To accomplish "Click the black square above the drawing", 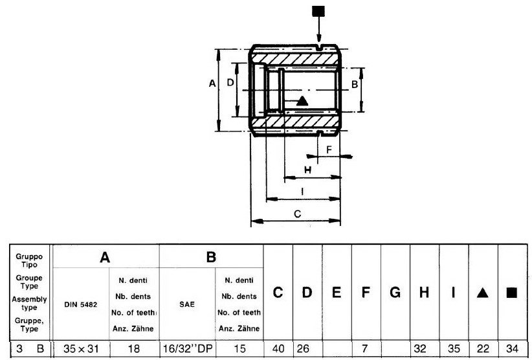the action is [318, 11].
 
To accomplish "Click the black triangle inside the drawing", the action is [302, 101].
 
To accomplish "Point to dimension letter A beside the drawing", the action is [212, 83].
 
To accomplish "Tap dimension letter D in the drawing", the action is [230, 82].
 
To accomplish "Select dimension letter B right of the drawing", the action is [355, 84].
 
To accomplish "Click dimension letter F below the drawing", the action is [329, 150].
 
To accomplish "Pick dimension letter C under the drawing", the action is [297, 214].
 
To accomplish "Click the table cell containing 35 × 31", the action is [81, 348].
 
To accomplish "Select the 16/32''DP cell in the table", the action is [188, 348].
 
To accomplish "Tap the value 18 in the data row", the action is [134, 348].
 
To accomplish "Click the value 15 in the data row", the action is [239, 348].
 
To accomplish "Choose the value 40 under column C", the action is [278, 348].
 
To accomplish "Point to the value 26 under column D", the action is [303, 348].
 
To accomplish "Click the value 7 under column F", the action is [365, 348].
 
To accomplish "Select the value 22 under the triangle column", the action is [483, 348].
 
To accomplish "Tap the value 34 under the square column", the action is [513, 348].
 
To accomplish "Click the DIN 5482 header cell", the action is [81, 305].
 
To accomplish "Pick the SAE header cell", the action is [187, 304].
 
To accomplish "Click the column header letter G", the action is [395, 293].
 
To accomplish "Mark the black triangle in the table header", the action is [482, 293].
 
